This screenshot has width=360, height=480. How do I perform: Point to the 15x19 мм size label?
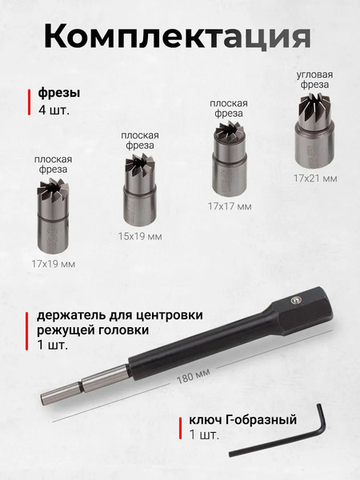click(140, 236)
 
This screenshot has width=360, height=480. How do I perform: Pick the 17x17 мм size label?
click(229, 206)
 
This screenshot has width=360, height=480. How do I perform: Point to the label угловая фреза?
click(314, 79)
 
